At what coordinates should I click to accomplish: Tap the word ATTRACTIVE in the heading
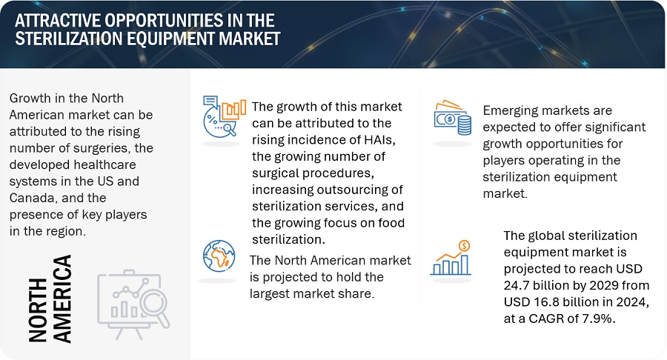pos(57,20)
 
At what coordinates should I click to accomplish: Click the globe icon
pos(219,256)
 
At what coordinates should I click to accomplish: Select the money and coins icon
pos(453,117)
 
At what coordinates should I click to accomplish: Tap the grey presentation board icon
pos(133,304)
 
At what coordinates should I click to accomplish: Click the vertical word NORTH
pos(38,310)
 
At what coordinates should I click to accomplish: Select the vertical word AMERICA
pos(62,299)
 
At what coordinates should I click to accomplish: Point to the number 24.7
pos(518,285)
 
